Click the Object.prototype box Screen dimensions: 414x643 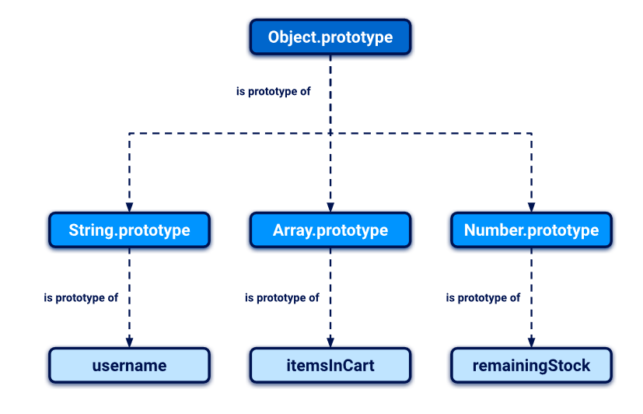click(330, 37)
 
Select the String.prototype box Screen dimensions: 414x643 click(129, 230)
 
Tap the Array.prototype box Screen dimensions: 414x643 click(330, 230)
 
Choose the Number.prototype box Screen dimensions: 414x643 click(531, 230)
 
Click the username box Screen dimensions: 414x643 click(129, 366)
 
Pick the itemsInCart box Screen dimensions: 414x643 click(330, 366)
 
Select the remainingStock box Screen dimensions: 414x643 click(531, 366)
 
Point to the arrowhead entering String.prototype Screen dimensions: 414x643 click(129, 206)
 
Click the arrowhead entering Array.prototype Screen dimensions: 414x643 click(330, 206)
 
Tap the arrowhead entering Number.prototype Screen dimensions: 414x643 click(531, 206)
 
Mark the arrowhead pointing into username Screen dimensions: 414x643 click(129, 342)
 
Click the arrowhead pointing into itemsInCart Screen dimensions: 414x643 click(330, 342)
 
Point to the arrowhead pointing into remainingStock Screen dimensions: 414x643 click(531, 342)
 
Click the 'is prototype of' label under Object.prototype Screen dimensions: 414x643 click(273, 91)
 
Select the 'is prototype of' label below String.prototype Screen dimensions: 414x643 click(81, 297)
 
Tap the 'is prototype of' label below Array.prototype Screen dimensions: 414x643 click(281, 297)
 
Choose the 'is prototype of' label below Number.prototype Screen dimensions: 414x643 click(483, 297)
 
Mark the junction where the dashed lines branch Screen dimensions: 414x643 click(330, 134)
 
